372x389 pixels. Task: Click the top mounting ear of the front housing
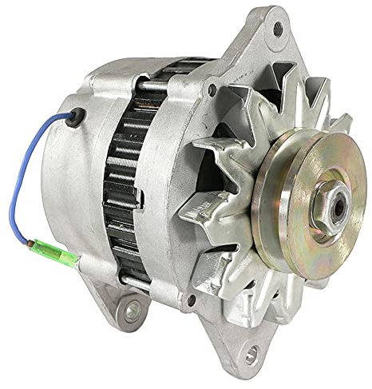(x=271, y=36)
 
